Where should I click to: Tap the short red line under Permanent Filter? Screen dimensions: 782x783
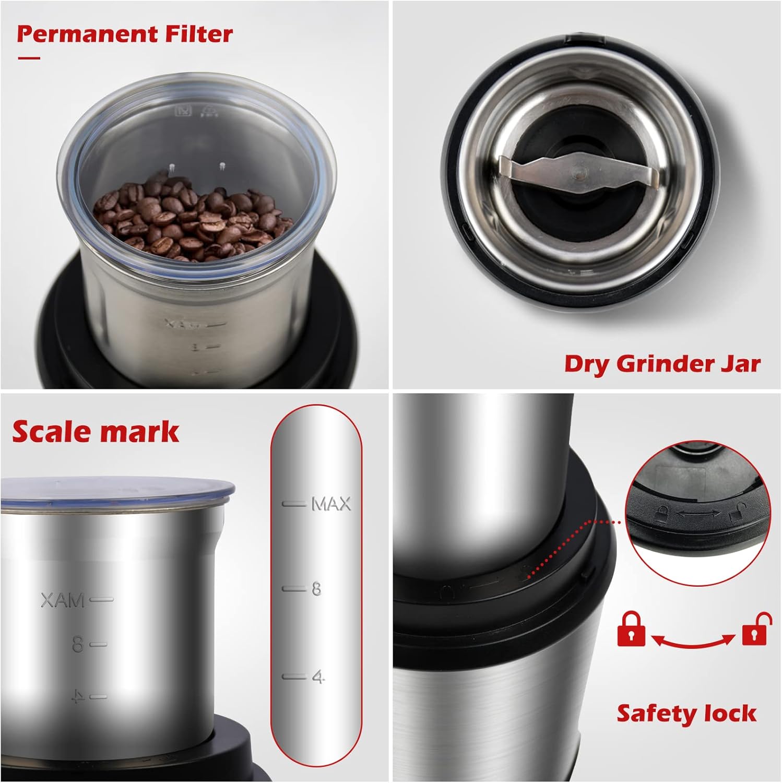coord(29,58)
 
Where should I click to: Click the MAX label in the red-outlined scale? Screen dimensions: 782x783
coord(331,504)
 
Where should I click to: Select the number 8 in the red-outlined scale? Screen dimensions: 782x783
coord(316,589)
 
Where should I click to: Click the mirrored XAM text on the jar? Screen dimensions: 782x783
coord(63,601)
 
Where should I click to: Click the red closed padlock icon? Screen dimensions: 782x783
coord(631,630)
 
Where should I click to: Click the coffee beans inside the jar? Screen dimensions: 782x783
coord(191,222)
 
